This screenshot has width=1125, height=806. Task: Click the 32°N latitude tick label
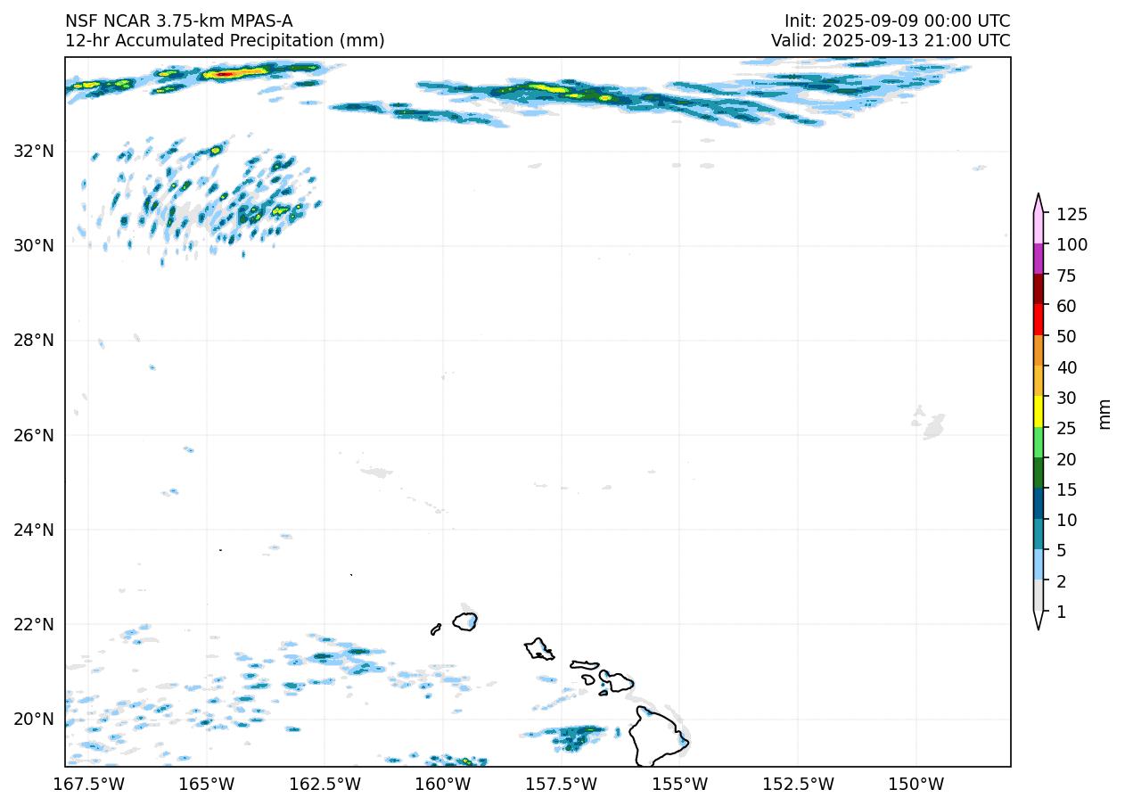34,151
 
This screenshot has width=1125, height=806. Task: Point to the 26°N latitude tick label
34,435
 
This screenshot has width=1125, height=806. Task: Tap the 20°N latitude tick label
34,720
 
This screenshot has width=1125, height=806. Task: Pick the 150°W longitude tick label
916,785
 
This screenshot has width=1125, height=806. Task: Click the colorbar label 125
1072,214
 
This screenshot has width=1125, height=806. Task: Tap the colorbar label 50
1066,336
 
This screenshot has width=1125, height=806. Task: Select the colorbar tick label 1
1061,612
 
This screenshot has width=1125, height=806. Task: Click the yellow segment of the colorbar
1039,412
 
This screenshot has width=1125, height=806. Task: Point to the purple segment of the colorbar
1039,259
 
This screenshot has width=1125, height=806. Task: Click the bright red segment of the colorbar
1039,319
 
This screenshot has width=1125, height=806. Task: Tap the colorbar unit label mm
1104,413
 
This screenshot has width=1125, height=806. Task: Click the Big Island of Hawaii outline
658,736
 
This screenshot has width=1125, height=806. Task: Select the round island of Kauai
465,621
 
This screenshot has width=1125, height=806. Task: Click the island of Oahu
538,649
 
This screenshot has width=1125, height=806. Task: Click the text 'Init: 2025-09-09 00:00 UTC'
897,21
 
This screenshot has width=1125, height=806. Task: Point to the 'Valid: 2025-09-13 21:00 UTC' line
891,40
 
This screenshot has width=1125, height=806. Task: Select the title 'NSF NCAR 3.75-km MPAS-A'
178,21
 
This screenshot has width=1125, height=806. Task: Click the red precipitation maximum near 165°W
225,74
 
